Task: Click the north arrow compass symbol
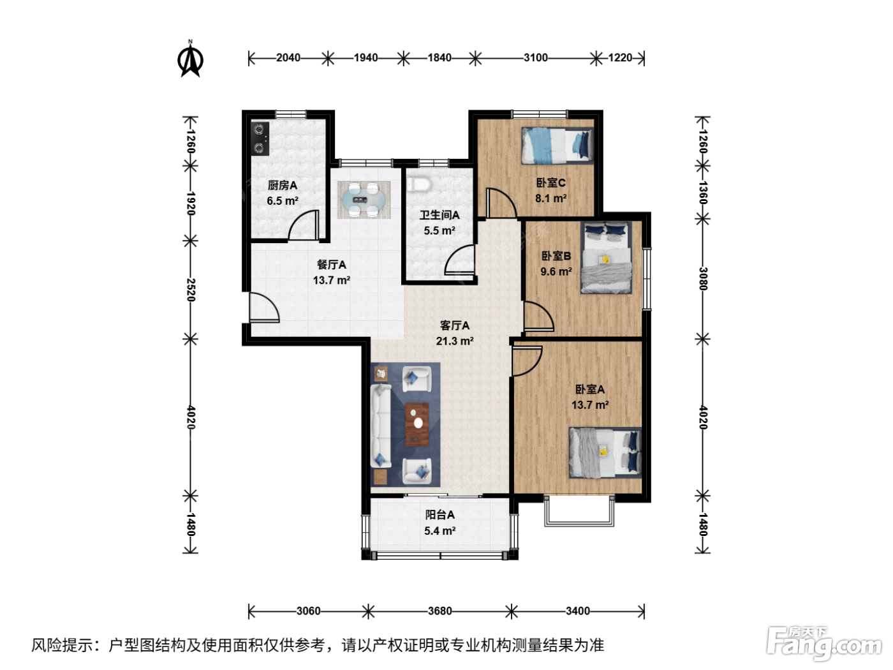coord(190,59)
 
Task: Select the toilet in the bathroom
coord(419,184)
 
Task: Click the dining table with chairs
coord(364,200)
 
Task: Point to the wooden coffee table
coord(417,424)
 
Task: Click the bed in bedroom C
coord(557,145)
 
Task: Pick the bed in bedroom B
coord(606,258)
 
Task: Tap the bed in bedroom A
coord(605,452)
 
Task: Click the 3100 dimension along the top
coord(535,58)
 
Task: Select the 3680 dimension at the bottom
coord(439,611)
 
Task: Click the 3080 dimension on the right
coord(703,279)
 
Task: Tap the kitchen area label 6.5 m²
coord(283,200)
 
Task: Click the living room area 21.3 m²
coord(454,341)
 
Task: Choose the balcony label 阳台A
coord(439,515)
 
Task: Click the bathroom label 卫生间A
coord(439,215)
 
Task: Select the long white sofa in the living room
coord(381,426)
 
